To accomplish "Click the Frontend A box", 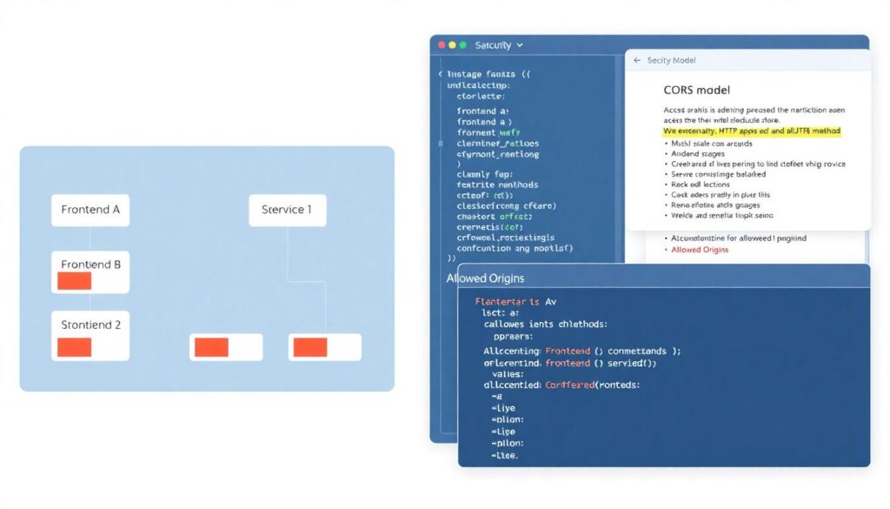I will (x=90, y=210).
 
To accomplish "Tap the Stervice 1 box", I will (x=287, y=210).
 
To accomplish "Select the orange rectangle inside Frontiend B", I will (x=74, y=281).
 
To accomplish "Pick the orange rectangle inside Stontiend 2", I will (x=74, y=347).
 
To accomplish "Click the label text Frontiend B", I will (x=90, y=265).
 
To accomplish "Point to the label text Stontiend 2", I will (x=90, y=325).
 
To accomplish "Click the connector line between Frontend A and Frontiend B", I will (x=90, y=239).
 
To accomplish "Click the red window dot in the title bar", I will (x=442, y=44).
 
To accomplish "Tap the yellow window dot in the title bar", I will (x=452, y=44).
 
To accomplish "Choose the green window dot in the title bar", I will (x=462, y=44).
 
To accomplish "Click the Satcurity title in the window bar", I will (x=494, y=44).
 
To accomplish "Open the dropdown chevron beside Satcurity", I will (x=520, y=44).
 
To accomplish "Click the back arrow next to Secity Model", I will (x=637, y=61).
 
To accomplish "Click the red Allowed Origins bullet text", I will (x=700, y=250).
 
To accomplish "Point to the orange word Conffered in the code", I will (x=570, y=384).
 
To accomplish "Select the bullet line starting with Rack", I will (x=700, y=184).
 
